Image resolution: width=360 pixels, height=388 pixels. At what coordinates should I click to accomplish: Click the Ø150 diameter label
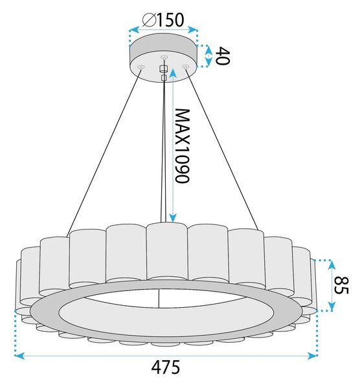pos(163,20)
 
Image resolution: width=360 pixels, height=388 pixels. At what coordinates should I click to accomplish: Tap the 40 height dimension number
pos(222,56)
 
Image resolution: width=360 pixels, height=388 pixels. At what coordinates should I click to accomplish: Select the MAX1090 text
pos(182,145)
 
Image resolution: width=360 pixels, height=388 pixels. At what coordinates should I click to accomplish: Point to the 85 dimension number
pos(341,285)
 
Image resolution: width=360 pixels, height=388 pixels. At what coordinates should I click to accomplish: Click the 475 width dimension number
pos(166,367)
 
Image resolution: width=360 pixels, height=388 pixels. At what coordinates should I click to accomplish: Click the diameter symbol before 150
pos(149,20)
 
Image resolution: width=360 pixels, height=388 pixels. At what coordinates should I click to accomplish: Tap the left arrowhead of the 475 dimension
pos(19,356)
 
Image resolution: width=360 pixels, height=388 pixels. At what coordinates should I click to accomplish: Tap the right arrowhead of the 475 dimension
pos(313,356)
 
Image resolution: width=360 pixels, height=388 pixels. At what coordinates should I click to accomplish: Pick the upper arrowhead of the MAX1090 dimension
pos(173,72)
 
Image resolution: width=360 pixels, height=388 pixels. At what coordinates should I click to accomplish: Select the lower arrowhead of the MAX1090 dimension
pos(173,218)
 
